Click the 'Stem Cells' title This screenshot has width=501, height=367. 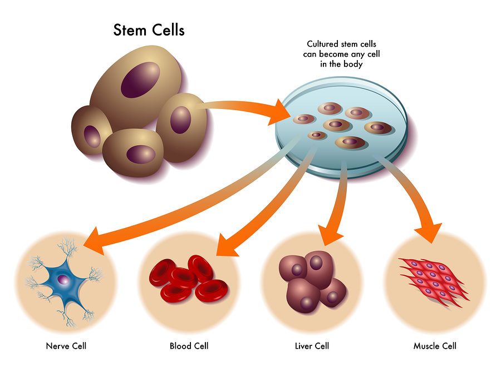pos(149,29)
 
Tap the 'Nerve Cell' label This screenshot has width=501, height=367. pos(66,346)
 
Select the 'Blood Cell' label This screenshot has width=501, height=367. pos(189,346)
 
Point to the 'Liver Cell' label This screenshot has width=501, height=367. pos(312,346)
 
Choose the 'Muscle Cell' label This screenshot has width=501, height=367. pos(435,346)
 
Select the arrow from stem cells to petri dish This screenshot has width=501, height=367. pos(245,107)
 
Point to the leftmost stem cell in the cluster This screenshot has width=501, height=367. pos(92,130)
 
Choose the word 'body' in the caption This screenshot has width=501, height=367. pos(352,64)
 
